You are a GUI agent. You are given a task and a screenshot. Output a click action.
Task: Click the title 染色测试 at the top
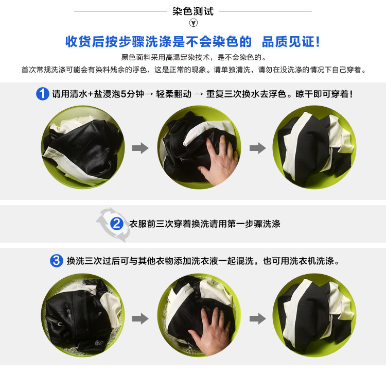[193, 11]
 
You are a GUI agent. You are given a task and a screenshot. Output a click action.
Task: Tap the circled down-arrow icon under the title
[193, 23]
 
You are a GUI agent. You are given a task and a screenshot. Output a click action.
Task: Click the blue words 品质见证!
[291, 41]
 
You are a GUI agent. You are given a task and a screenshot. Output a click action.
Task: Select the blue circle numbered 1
[43, 94]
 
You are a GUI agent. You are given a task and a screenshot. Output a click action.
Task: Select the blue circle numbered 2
[117, 224]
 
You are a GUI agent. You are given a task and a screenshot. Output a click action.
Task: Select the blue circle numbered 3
[57, 261]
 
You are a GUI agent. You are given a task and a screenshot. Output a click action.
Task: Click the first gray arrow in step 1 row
[141, 148]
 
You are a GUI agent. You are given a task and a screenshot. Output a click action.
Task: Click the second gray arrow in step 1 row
[258, 148]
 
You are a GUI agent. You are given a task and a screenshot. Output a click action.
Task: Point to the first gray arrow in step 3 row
[141, 319]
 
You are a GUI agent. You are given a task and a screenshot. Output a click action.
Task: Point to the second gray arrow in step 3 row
[258, 319]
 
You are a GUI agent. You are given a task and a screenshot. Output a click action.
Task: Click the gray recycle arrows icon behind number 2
[114, 225]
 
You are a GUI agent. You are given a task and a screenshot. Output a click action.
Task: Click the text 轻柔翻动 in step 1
[173, 94]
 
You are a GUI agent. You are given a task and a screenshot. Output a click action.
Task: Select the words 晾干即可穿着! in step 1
[324, 94]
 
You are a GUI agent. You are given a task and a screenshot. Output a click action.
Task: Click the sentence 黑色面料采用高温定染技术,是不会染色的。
[194, 57]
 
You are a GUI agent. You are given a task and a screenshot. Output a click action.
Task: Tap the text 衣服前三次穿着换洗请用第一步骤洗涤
[205, 224]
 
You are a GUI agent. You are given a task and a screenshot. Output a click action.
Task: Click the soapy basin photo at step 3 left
[83, 315]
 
